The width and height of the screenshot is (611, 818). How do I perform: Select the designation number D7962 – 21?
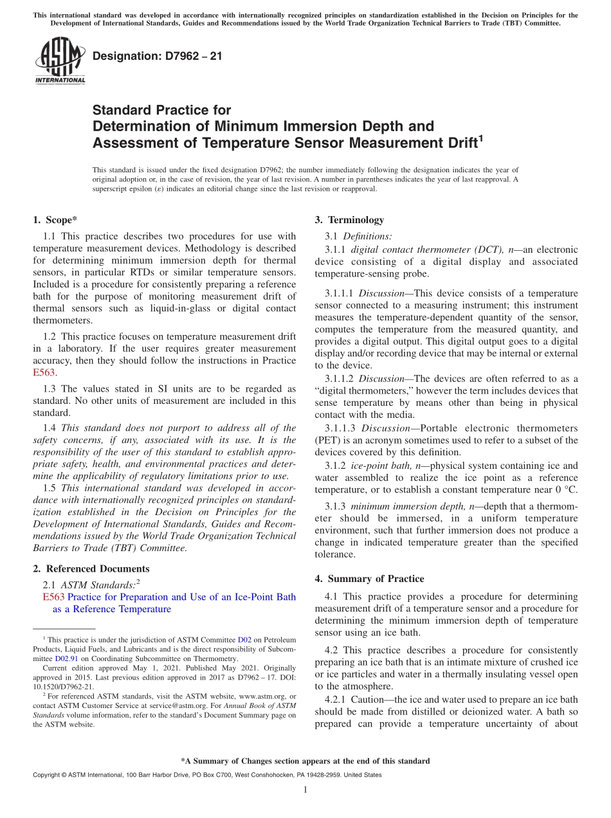click(158, 56)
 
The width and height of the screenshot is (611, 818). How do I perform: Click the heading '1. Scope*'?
click(55, 220)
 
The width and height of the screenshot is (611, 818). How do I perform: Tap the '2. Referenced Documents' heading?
click(91, 568)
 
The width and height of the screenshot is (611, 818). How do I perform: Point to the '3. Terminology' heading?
click(349, 220)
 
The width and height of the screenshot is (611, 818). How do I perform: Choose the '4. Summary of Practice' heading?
click(369, 579)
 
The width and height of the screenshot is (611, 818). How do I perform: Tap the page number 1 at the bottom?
click(305, 790)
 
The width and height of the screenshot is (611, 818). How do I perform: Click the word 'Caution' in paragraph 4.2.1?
click(361, 700)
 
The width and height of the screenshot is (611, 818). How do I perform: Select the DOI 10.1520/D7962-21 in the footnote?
click(62, 687)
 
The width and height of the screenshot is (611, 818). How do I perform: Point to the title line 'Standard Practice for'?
click(161, 110)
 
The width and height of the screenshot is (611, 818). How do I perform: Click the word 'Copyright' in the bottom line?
click(48, 775)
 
